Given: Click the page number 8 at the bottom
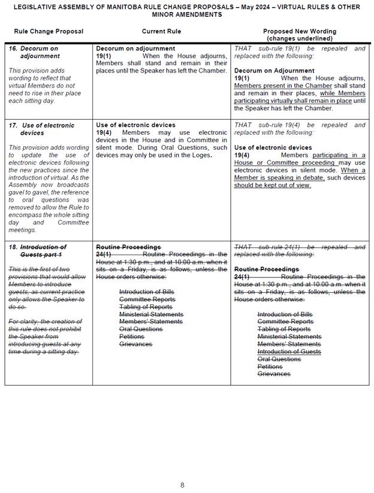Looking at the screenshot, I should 183,468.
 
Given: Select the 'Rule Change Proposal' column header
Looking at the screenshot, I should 49,31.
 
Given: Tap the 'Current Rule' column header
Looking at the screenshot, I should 161,31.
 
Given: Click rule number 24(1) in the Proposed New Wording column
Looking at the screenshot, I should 242,277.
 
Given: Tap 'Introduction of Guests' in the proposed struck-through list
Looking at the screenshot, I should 288,352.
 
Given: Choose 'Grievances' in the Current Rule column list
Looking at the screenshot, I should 135,344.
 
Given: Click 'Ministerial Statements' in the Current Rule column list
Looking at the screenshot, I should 151,314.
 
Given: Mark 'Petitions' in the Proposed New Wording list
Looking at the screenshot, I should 271,367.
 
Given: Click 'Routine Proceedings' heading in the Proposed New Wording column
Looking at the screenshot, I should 266,270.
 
